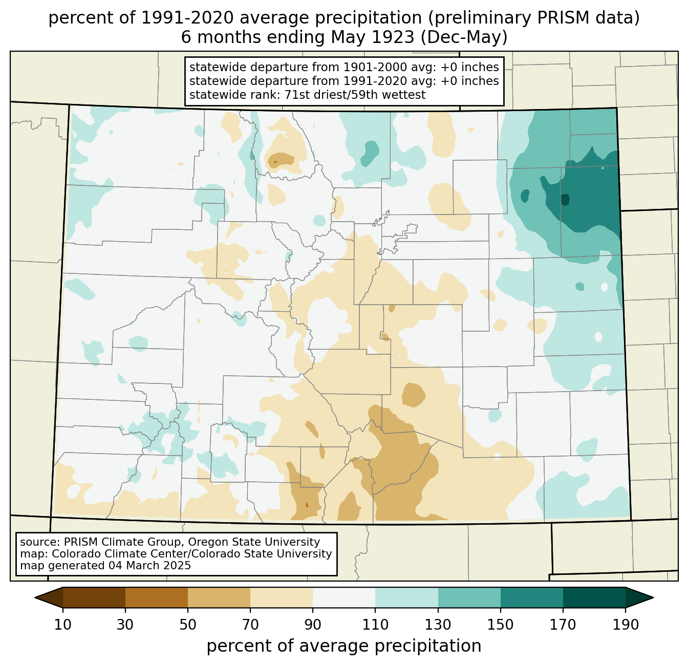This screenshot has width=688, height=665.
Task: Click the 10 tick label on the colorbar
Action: coord(62,625)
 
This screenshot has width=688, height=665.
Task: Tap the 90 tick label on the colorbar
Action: coord(313,625)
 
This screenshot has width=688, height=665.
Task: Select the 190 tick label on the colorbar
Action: coord(626,625)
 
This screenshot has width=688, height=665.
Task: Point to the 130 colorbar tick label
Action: coord(438,625)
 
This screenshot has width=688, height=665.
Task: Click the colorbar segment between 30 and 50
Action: coord(156,597)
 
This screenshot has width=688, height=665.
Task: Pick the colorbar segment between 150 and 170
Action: coord(531,597)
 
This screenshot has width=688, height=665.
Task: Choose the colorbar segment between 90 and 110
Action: coord(344,597)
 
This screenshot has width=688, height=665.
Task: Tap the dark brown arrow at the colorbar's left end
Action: coord(49,597)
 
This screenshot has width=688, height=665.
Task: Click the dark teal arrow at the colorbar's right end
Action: coord(639,597)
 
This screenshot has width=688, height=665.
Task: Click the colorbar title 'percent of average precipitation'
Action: coord(343,646)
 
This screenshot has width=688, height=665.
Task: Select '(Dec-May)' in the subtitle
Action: coord(464,37)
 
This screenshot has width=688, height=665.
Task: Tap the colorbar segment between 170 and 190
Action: coord(594,597)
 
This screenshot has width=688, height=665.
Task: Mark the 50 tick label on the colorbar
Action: coord(188,625)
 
